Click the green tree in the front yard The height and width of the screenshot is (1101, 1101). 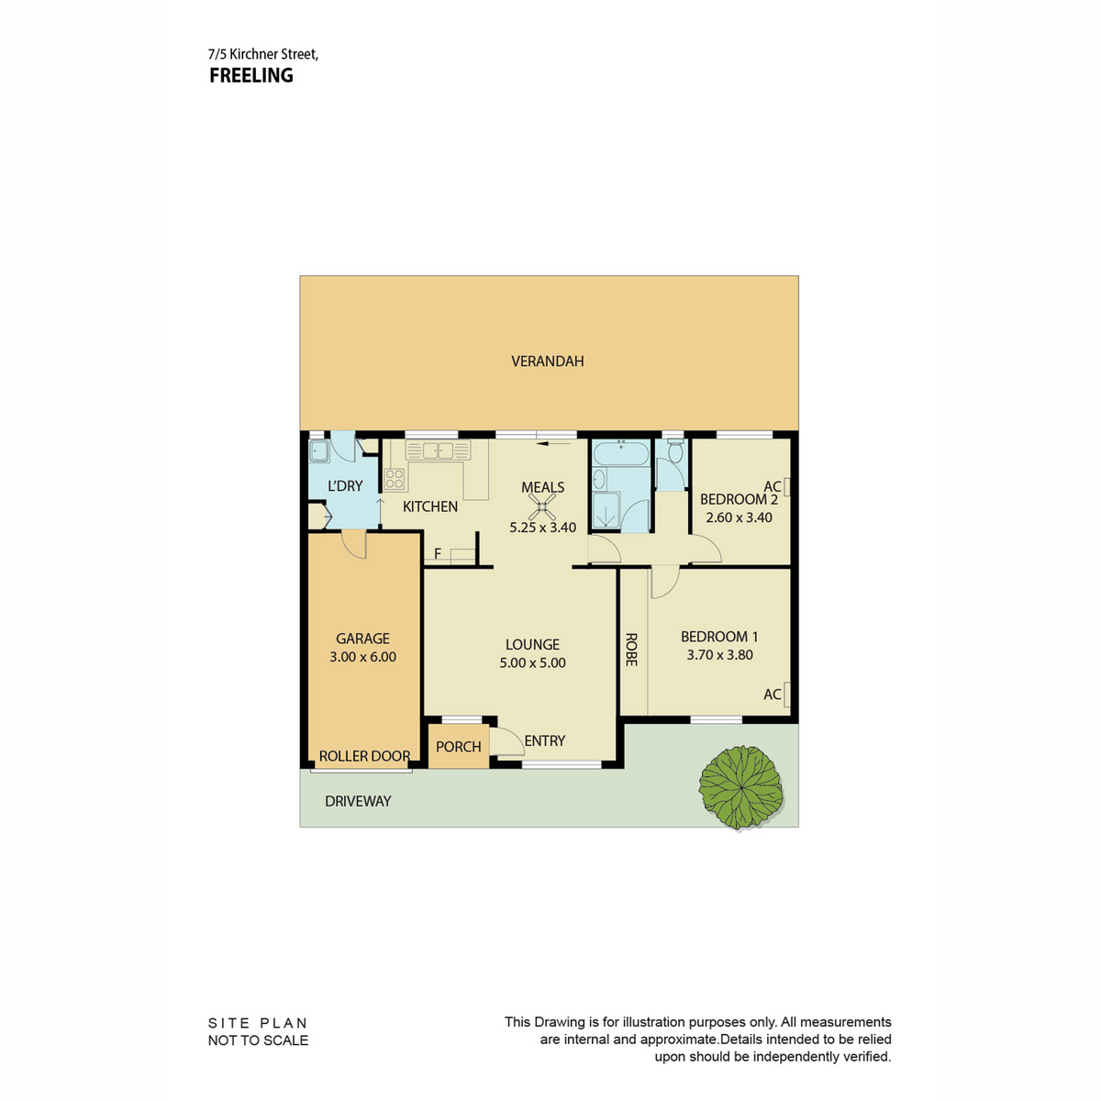(x=740, y=787)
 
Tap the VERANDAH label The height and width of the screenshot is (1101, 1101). (x=548, y=361)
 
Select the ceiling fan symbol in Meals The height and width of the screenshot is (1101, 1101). (x=541, y=506)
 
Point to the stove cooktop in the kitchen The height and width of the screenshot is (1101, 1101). (x=395, y=479)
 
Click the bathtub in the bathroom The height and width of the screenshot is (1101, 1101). (x=621, y=452)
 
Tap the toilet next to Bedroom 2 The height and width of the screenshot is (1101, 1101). (x=674, y=451)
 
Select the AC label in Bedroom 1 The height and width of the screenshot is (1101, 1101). (x=772, y=695)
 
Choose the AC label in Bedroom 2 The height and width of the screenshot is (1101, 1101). (x=772, y=486)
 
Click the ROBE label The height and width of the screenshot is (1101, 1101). (x=630, y=650)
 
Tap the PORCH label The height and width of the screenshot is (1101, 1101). (x=458, y=747)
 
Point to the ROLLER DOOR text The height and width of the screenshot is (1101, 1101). (x=364, y=756)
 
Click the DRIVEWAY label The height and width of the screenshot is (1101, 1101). (x=358, y=801)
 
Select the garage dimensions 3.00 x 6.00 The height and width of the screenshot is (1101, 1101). (x=362, y=657)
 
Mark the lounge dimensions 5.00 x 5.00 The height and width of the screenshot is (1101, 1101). (x=532, y=662)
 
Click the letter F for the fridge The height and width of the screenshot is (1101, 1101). (x=438, y=553)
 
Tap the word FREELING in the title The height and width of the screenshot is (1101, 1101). (x=251, y=75)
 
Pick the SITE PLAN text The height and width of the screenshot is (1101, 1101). (x=258, y=1023)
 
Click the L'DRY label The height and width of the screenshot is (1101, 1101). (x=345, y=485)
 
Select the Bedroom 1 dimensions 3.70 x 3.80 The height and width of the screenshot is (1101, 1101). (x=720, y=655)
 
